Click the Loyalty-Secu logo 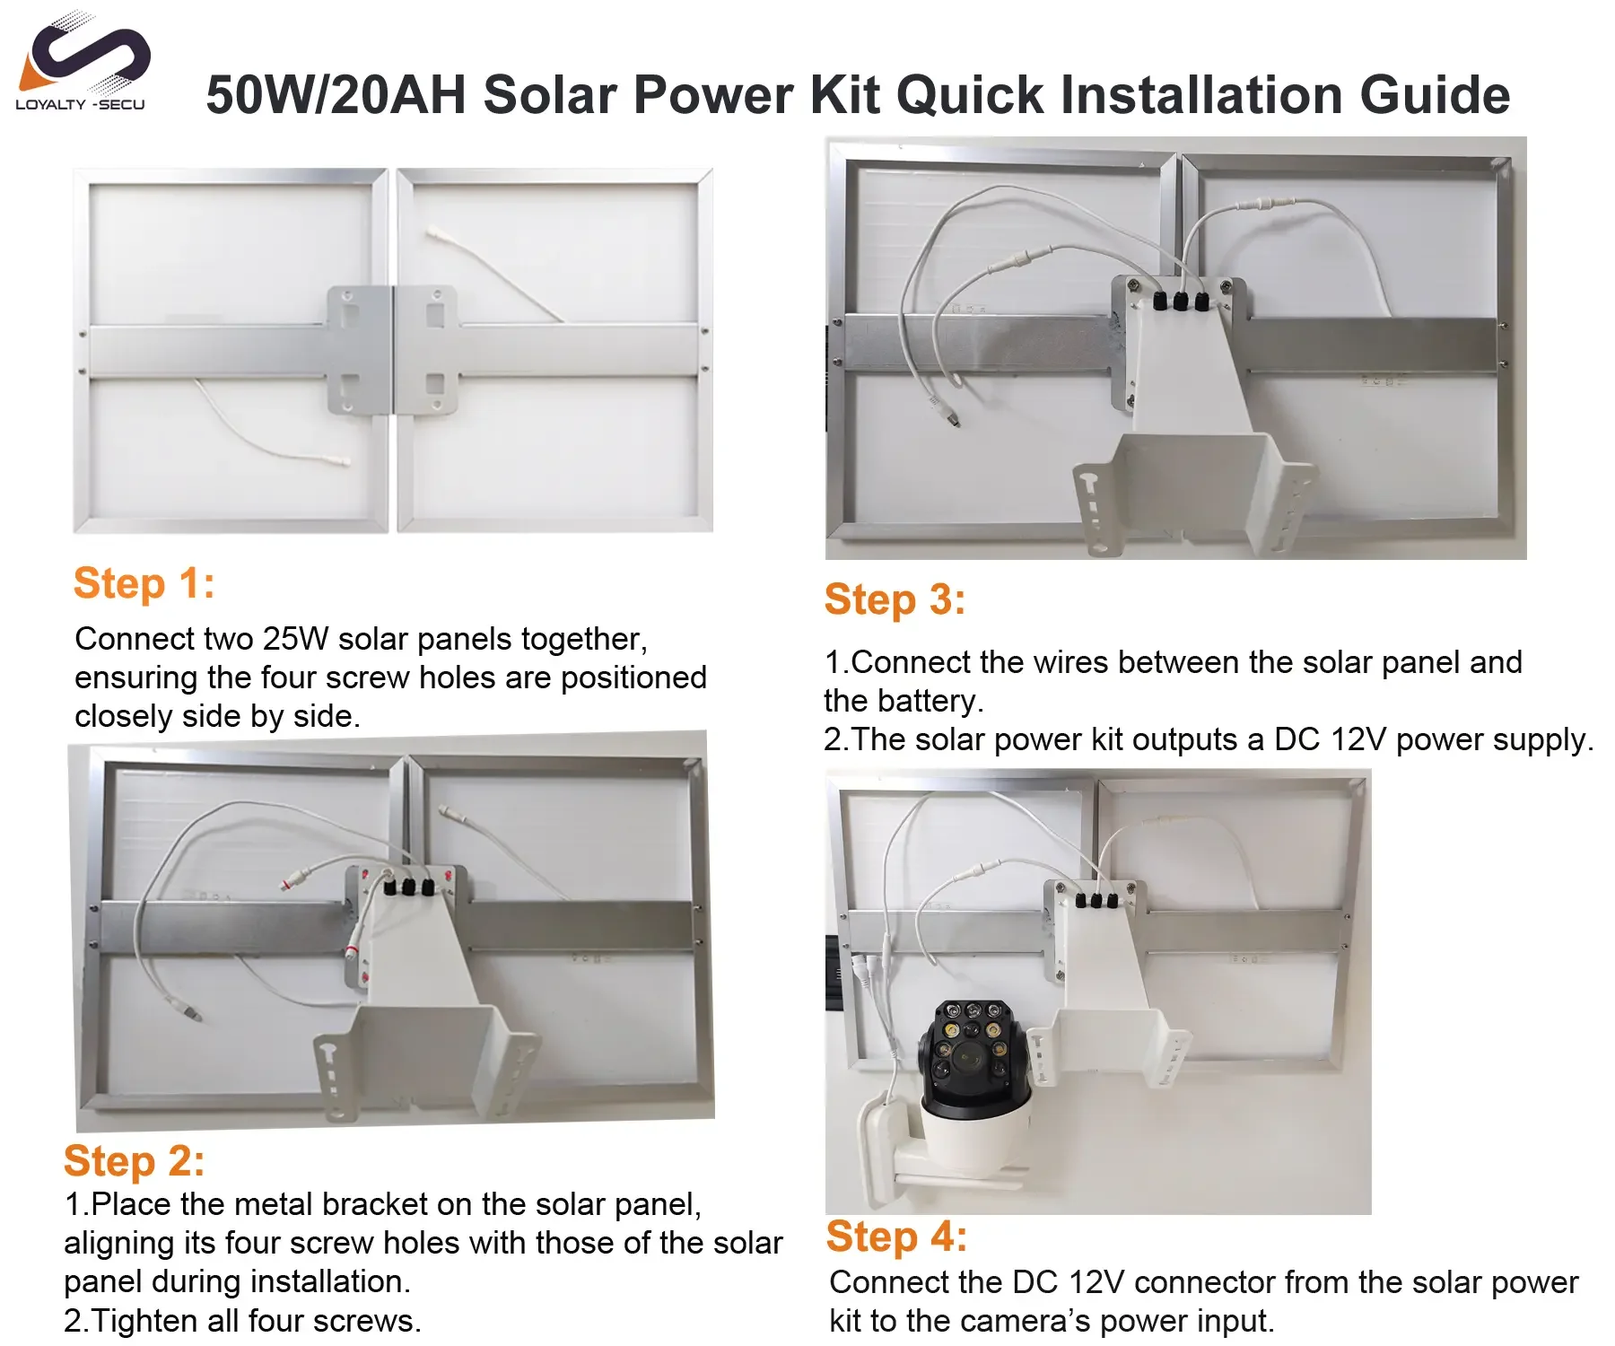coord(82,63)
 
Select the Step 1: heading coord(144,583)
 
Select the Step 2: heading coord(135,1161)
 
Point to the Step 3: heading coord(895,599)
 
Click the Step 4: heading coord(897,1237)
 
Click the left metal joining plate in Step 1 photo coord(359,350)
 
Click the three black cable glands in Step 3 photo coord(1180,302)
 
